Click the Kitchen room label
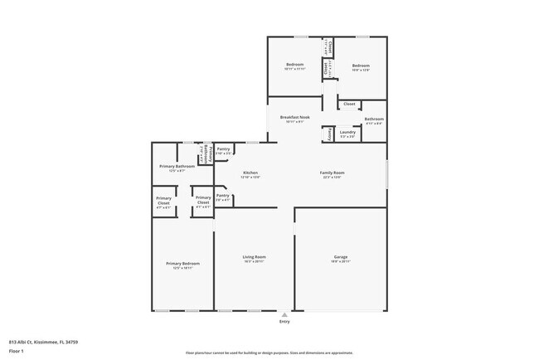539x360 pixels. point(250,173)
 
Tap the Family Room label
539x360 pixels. point(332,173)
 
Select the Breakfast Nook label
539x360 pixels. point(294,118)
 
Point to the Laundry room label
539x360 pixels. point(347,132)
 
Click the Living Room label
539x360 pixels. point(253,257)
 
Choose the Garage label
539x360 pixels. point(340,257)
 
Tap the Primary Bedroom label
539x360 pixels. point(182,263)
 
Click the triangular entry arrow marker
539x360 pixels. point(284,315)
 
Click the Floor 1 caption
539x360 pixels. point(17,349)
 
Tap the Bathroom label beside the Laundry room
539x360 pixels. point(373,119)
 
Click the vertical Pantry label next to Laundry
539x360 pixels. point(329,133)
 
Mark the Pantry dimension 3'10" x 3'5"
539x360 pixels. point(223,153)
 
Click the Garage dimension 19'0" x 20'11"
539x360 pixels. point(340,261)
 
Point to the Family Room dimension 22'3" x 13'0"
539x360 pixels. point(332,177)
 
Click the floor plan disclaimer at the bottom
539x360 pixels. point(269,353)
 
